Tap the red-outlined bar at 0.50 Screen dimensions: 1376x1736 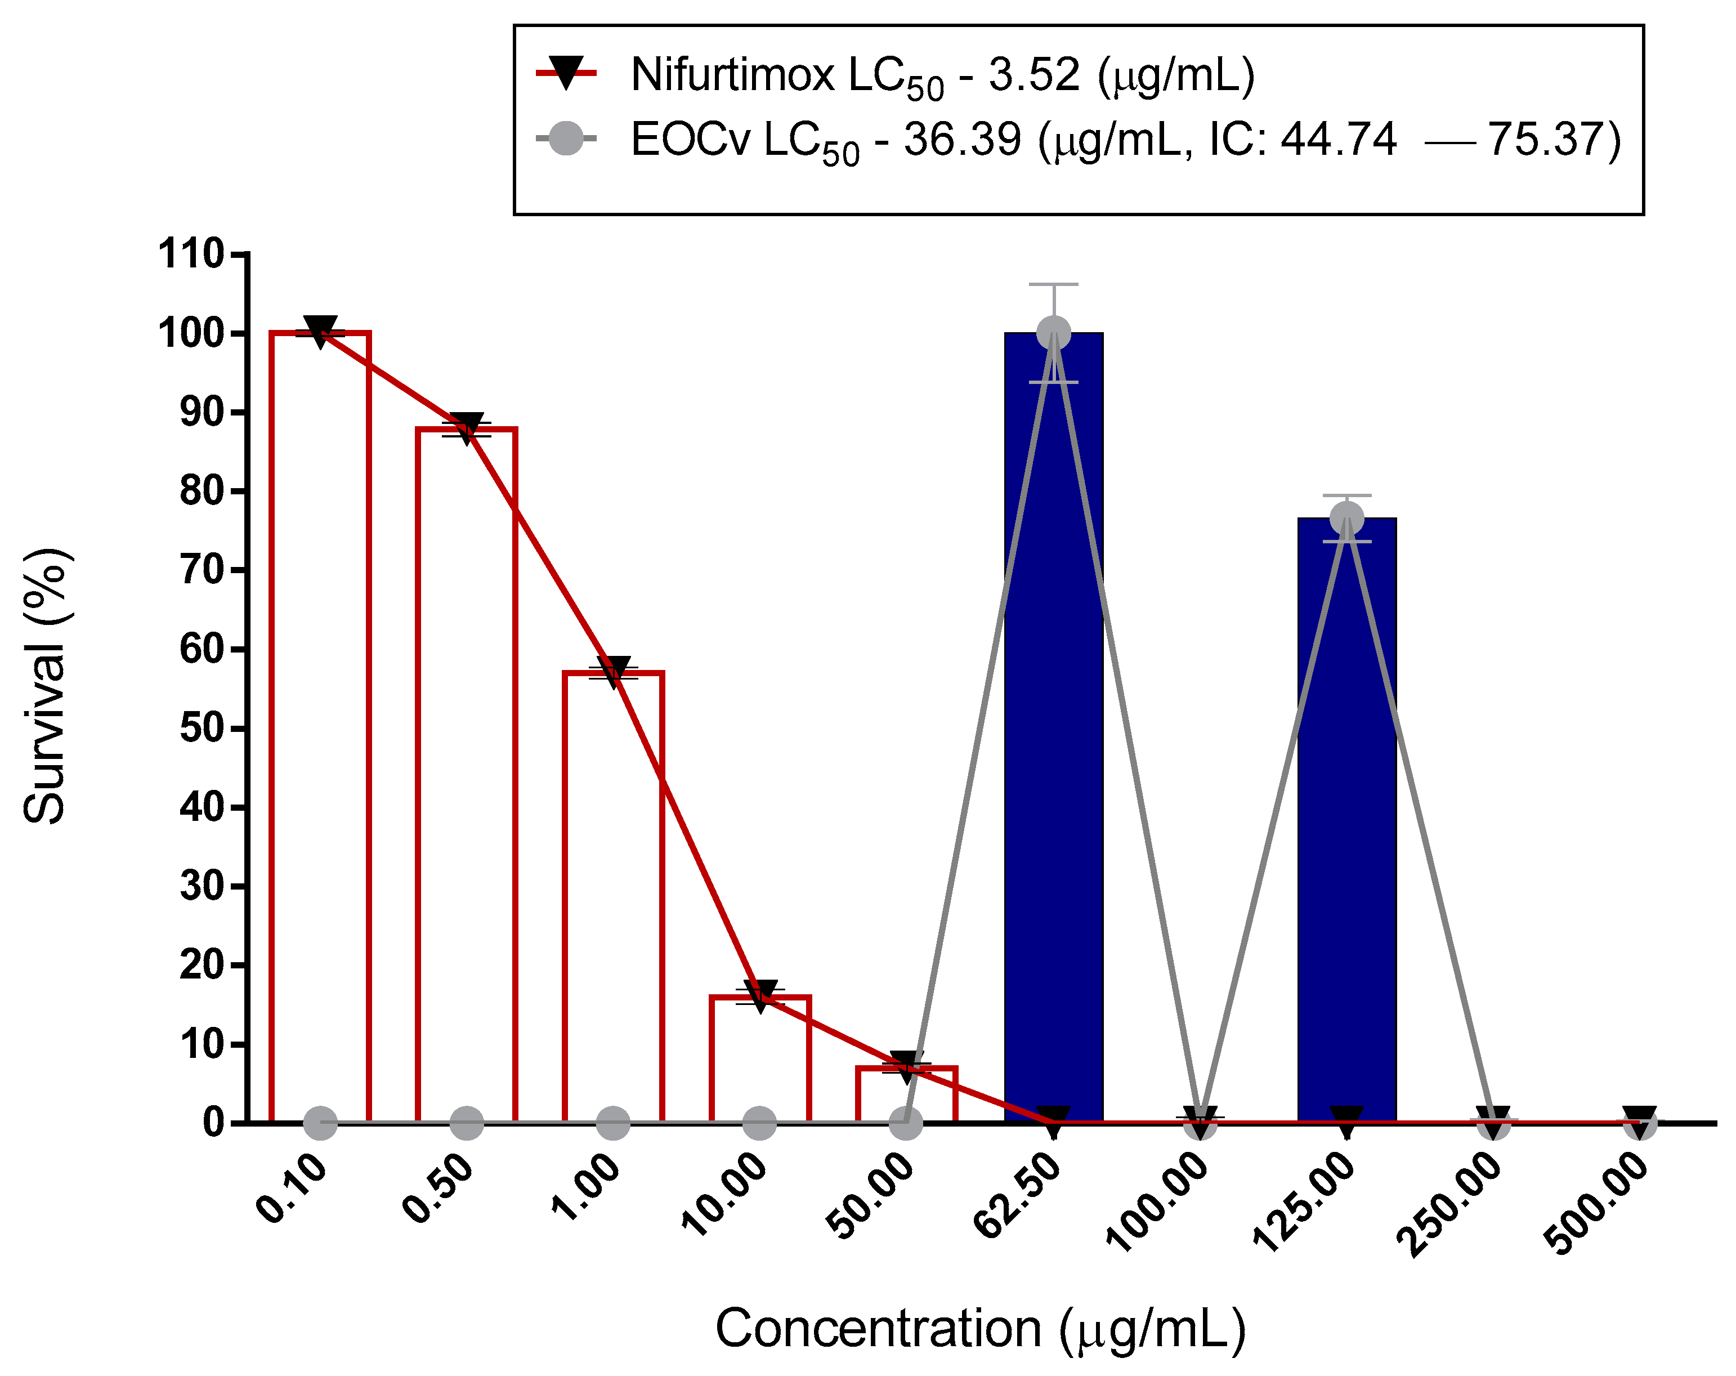point(466,773)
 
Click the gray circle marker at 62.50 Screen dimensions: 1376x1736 point(1053,333)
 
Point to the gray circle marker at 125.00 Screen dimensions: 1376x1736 point(1346,518)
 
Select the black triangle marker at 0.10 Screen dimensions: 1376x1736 point(320,329)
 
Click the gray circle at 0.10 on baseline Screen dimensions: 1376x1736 point(320,1122)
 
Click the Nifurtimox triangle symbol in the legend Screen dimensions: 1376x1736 point(566,73)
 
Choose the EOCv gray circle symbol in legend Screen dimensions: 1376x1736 point(566,139)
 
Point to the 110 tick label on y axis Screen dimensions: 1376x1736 point(191,254)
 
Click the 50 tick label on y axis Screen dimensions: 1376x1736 point(202,729)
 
